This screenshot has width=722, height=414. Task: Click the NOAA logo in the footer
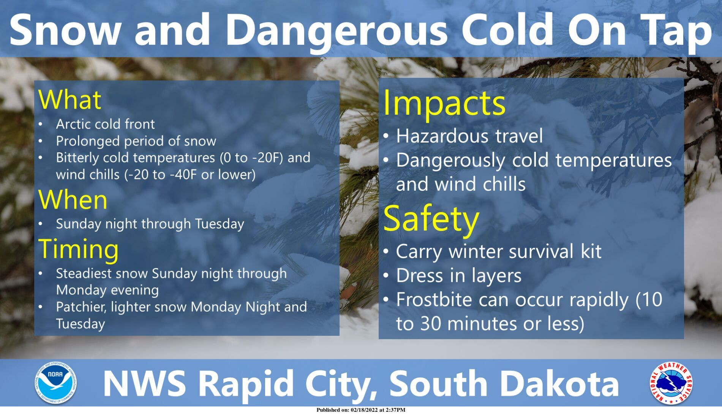click(56, 383)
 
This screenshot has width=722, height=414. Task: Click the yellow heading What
click(70, 100)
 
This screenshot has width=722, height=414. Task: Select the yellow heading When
click(73, 200)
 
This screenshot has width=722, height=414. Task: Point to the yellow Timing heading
click(79, 250)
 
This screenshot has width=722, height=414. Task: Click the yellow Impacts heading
click(444, 103)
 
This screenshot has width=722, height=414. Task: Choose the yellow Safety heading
click(431, 219)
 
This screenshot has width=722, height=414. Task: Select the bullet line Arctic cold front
click(105, 124)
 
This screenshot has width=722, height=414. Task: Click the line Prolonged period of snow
click(136, 141)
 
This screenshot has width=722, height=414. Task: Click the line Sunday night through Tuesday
click(150, 224)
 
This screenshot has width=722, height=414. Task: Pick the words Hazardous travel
click(469, 136)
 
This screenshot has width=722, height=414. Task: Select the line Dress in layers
click(459, 276)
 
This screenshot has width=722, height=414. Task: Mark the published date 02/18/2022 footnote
click(360, 410)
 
